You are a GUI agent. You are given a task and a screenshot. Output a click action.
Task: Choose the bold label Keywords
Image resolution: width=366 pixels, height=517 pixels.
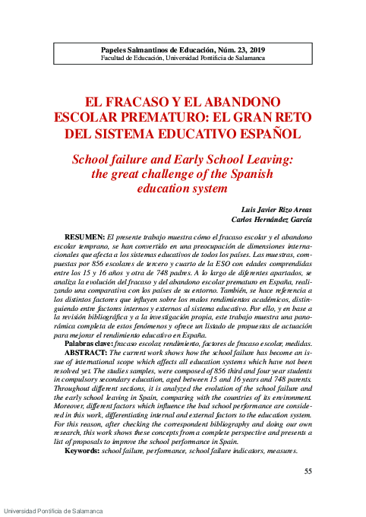[82, 451]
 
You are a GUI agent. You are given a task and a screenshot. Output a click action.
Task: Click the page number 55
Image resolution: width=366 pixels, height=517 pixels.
[308, 472]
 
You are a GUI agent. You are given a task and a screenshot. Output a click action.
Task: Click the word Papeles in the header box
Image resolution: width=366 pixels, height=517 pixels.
[118, 48]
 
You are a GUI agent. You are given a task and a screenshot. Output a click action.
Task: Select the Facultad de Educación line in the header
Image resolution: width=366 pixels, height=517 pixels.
[182, 57]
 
